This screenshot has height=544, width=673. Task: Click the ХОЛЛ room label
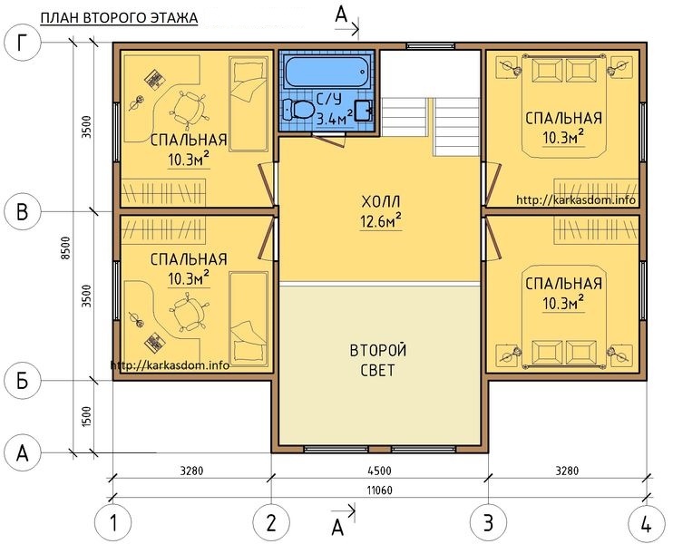click(x=381, y=201)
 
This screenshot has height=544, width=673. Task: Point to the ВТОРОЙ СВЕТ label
click(x=378, y=360)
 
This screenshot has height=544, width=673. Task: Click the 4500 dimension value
click(x=380, y=471)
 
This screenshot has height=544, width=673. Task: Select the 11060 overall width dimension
click(x=380, y=490)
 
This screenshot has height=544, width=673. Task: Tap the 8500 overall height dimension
click(x=65, y=248)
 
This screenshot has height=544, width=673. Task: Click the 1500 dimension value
click(x=87, y=416)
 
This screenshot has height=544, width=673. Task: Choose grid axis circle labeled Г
click(x=23, y=43)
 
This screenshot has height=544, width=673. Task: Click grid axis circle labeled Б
click(x=23, y=381)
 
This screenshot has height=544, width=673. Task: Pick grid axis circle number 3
click(x=489, y=523)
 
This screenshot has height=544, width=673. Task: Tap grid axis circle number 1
click(x=112, y=523)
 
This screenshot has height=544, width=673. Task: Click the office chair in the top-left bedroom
click(x=189, y=108)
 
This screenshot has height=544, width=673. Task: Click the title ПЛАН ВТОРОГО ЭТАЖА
click(x=119, y=18)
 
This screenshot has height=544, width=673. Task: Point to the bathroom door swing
click(x=329, y=138)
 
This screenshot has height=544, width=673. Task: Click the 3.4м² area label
click(x=335, y=118)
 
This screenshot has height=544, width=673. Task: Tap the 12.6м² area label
click(x=381, y=221)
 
